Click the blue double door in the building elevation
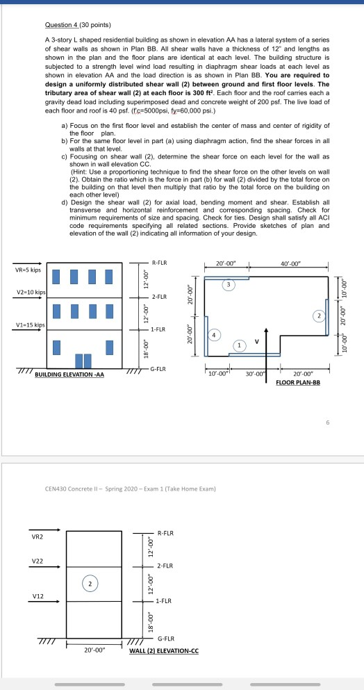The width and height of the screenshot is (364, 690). point(83,361)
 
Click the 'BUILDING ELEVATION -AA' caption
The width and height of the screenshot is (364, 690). point(69,375)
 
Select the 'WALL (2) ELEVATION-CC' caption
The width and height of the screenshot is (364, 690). point(164,651)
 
